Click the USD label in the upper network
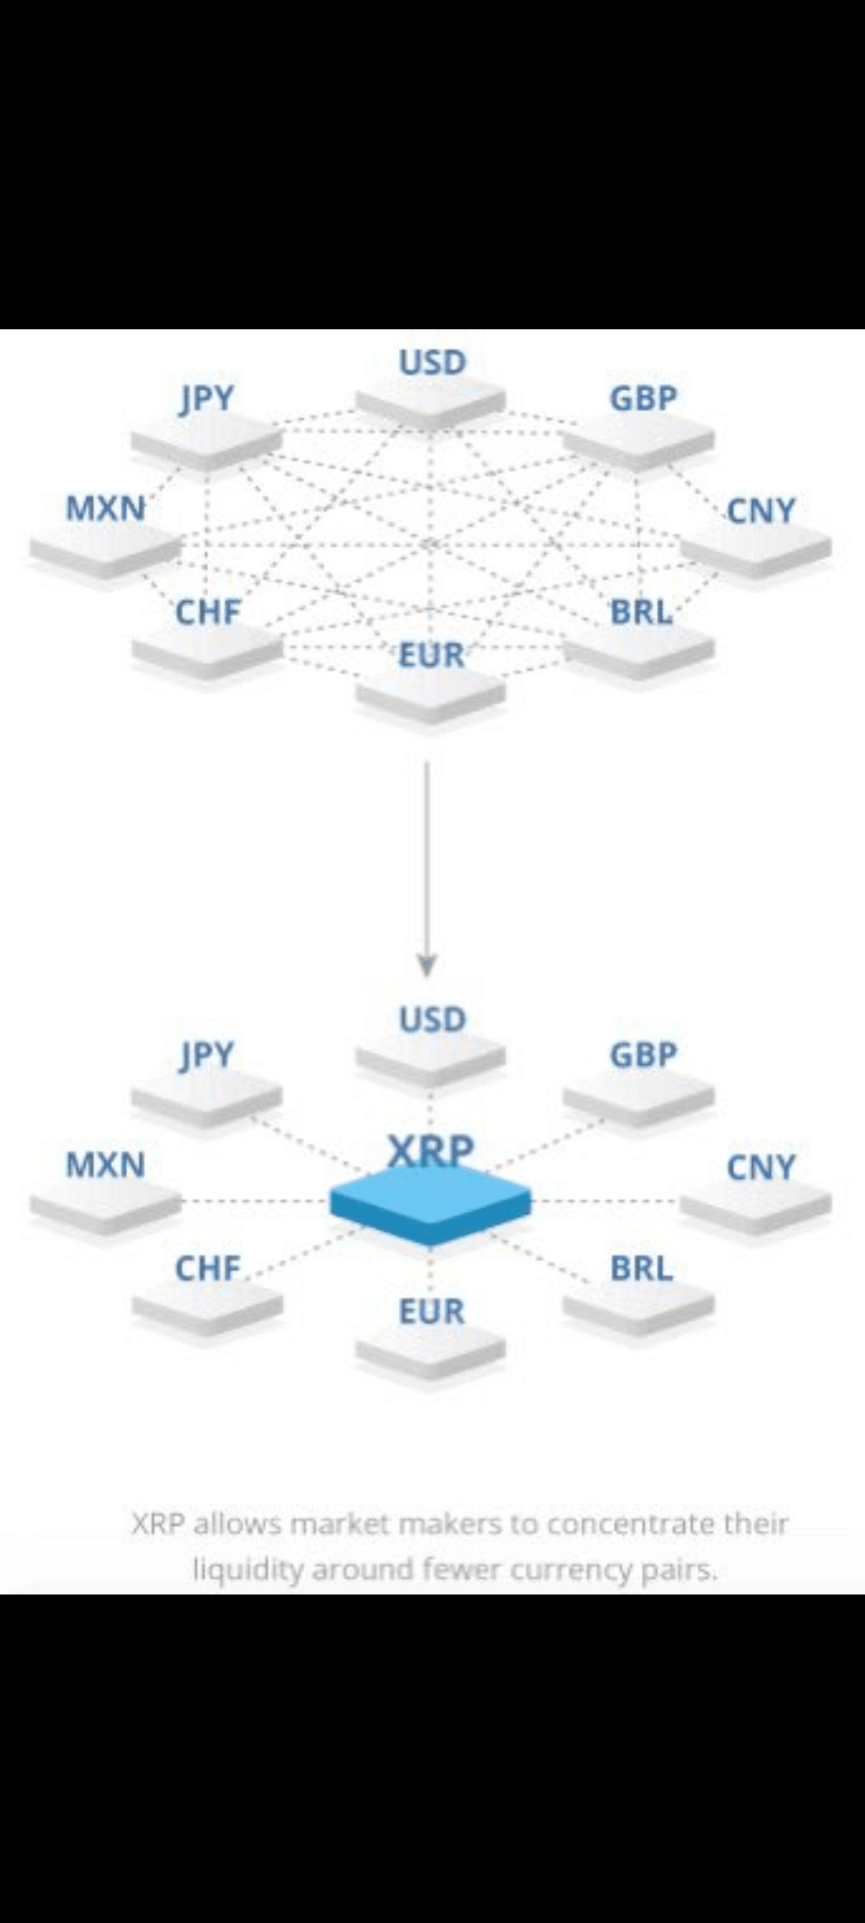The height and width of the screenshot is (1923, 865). [x=432, y=363]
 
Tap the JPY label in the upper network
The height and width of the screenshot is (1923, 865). [x=207, y=398]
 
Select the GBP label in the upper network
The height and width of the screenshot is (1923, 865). [x=643, y=398]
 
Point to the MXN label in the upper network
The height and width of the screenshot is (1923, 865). [x=106, y=508]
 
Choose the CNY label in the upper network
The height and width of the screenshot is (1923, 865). [x=760, y=510]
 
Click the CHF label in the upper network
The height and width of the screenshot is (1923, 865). [x=207, y=612]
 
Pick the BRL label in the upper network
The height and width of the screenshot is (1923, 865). [x=642, y=612]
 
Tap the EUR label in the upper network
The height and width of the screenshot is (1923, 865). [x=432, y=655]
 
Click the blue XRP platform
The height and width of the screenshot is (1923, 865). [x=430, y=1202]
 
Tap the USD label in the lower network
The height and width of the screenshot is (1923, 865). [x=432, y=1020]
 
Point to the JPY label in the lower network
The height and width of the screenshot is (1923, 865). [x=207, y=1055]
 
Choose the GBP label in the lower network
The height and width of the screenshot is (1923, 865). [x=643, y=1055]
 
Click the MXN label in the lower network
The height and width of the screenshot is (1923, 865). [x=106, y=1165]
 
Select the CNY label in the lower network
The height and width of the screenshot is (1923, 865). [x=760, y=1167]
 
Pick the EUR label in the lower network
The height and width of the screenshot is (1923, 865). [x=432, y=1312]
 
